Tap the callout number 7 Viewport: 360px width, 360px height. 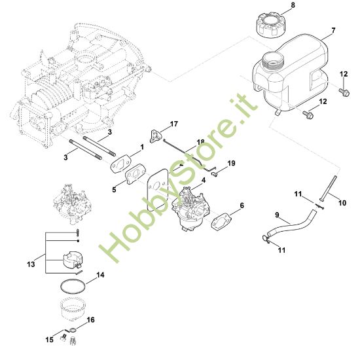click(333, 31)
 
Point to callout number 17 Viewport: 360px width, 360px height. click(174, 124)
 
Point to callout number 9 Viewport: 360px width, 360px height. click(277, 214)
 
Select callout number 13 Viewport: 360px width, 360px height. click(29, 264)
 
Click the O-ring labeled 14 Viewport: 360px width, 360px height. click(71, 286)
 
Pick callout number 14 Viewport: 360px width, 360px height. click(100, 276)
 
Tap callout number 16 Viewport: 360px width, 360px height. click(91, 320)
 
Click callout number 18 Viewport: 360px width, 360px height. click(200, 141)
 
